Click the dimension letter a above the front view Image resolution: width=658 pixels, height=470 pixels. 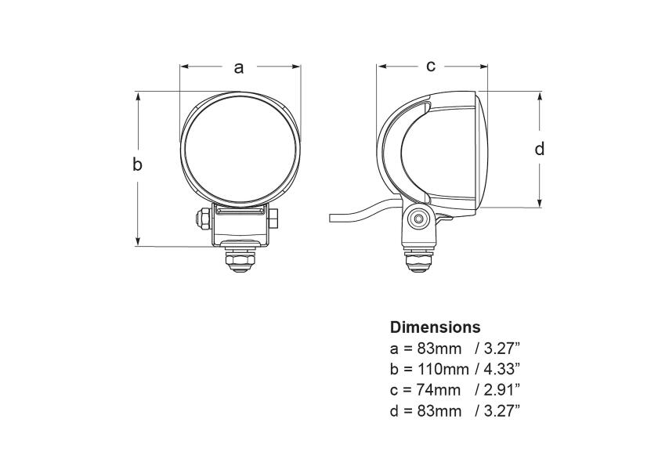coord(240,67)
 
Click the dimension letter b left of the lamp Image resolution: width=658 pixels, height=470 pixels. coord(137,164)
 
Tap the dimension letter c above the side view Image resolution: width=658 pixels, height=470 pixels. coord(431,66)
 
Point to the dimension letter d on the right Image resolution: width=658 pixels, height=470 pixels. coord(539,148)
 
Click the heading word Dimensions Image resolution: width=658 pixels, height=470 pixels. coord(435,327)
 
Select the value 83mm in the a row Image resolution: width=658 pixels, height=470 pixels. coord(436,348)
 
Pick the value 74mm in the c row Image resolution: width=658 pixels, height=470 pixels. coord(436,389)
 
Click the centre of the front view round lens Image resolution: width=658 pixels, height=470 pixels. coord(240,149)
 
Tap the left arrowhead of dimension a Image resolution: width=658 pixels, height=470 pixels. coord(184,67)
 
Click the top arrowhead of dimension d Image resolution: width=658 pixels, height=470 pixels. coord(540,96)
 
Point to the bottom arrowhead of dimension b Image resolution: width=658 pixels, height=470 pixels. coord(138,242)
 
